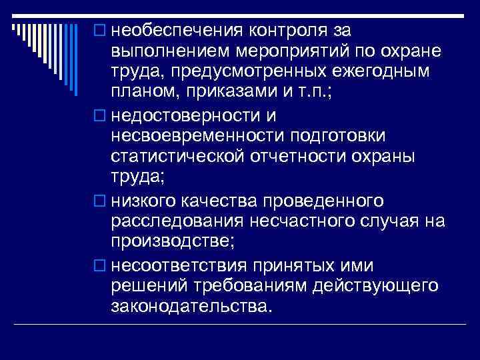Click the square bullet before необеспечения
point(100,31)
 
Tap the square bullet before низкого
point(100,201)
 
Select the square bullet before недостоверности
point(100,115)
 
